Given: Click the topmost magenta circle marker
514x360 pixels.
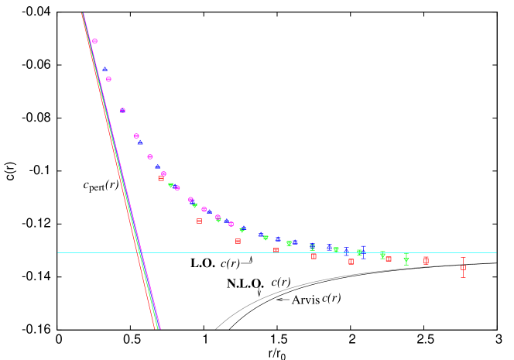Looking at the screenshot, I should (94, 41).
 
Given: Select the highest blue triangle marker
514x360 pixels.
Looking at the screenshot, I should (105, 69).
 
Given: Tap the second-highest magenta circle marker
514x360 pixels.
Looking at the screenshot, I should (108, 79).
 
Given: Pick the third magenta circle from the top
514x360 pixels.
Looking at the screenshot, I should (122, 111).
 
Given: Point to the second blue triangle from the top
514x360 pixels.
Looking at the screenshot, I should (140, 142).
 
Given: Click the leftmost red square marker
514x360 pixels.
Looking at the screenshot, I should (161, 179).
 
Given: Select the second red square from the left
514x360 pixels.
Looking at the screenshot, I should (199, 221).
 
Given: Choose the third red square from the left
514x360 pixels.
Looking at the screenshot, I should (238, 241).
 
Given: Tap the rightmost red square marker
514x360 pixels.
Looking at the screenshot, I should (463, 267).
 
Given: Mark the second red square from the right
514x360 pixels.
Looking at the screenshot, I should (426, 260).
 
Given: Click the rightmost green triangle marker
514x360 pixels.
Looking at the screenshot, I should (406, 260).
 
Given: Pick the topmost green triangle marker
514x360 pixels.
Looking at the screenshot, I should (171, 185).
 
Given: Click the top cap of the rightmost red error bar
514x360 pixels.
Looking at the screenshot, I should (463, 258).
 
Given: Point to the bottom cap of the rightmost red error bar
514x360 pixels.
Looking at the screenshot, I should (463, 276).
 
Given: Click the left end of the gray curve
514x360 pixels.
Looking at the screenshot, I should (215, 329).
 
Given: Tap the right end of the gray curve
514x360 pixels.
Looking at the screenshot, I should (496, 263).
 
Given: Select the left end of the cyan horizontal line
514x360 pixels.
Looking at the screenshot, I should (57, 252).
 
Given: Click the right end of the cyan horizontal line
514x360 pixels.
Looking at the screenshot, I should (496, 252).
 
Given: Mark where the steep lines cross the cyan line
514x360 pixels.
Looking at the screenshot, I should (139, 252).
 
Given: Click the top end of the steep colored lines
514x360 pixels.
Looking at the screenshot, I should (83, 13).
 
